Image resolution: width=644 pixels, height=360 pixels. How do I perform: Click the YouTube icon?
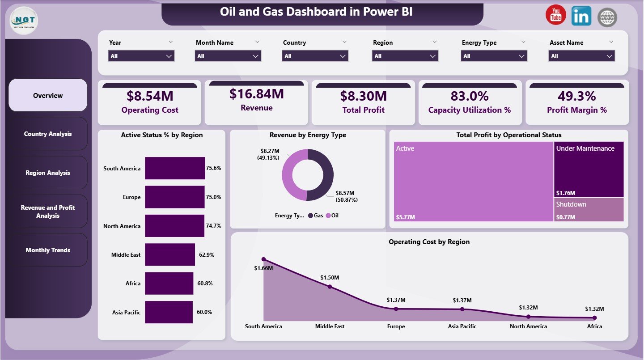point(555,16)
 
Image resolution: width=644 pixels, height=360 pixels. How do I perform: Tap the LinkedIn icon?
point(581,16)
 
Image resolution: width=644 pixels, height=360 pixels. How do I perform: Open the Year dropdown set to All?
point(141,56)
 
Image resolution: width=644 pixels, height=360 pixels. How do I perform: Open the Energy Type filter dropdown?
point(494,56)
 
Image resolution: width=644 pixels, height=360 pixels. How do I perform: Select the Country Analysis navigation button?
point(48,134)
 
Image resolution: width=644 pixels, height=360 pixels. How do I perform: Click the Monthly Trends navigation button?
point(48,250)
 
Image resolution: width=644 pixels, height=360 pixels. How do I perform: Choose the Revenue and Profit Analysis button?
point(48,212)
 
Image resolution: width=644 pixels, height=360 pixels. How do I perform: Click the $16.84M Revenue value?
point(256,94)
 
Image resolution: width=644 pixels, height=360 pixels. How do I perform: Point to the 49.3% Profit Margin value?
point(576,96)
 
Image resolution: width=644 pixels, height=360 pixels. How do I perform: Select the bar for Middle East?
point(170,254)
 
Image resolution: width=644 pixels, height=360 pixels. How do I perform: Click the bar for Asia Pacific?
point(169,312)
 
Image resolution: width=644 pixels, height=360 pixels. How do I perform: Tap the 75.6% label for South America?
point(213,169)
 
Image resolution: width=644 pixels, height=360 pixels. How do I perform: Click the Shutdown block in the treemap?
point(589,209)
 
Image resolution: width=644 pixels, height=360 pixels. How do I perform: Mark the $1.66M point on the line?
point(263,259)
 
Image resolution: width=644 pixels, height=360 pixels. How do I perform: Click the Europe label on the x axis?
point(396,326)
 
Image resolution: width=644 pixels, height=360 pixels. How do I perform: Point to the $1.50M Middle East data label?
point(330,278)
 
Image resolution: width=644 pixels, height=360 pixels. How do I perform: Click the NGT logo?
point(24,20)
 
